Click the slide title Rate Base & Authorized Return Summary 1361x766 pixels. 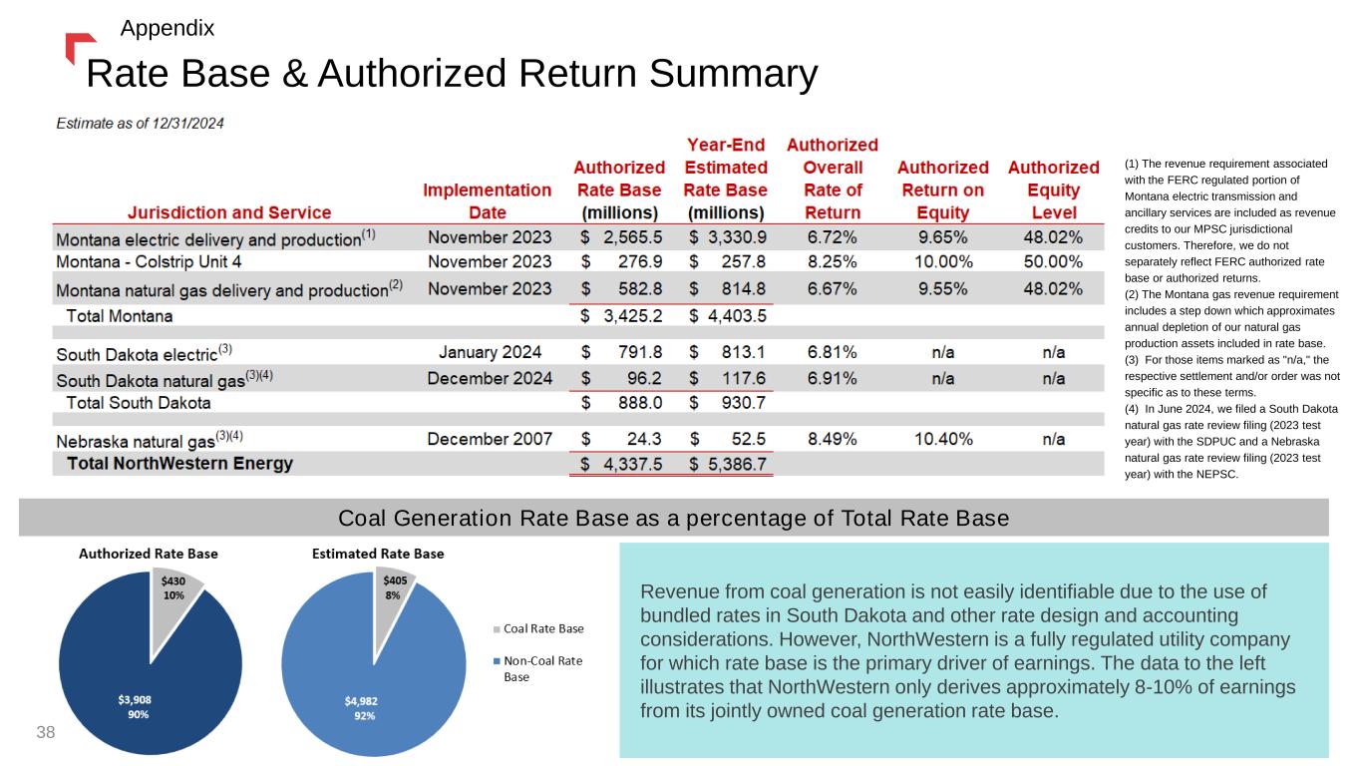point(452,73)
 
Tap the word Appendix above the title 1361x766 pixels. point(167,28)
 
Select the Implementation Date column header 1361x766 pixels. point(488,200)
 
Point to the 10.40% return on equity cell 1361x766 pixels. point(942,439)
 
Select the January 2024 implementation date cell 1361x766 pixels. point(490,352)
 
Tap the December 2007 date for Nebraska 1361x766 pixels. point(490,439)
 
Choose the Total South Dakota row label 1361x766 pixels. point(139,403)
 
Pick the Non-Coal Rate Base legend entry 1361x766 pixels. point(542,668)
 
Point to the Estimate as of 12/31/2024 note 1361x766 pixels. point(140,123)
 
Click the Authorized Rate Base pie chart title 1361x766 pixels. point(149,554)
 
